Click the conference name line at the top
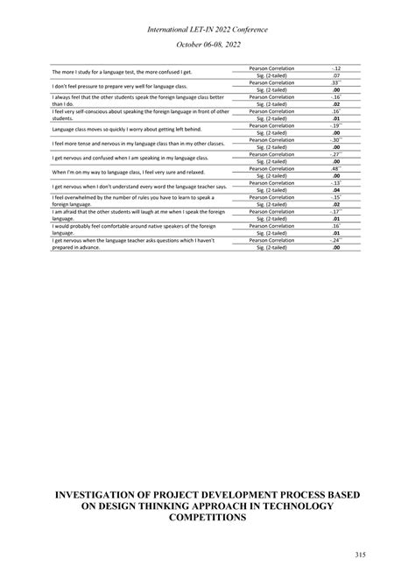(x=207, y=29)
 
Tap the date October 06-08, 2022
(x=207, y=44)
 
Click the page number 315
(x=361, y=554)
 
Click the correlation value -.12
(x=336, y=67)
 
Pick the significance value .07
(x=336, y=74)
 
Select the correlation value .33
(x=336, y=82)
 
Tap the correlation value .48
(x=336, y=168)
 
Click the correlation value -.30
(x=336, y=139)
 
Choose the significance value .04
(x=336, y=190)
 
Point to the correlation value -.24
(x=336, y=240)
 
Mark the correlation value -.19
(x=336, y=125)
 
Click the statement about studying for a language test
(x=122, y=71)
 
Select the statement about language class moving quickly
(x=126, y=129)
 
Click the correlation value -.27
(x=336, y=154)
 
